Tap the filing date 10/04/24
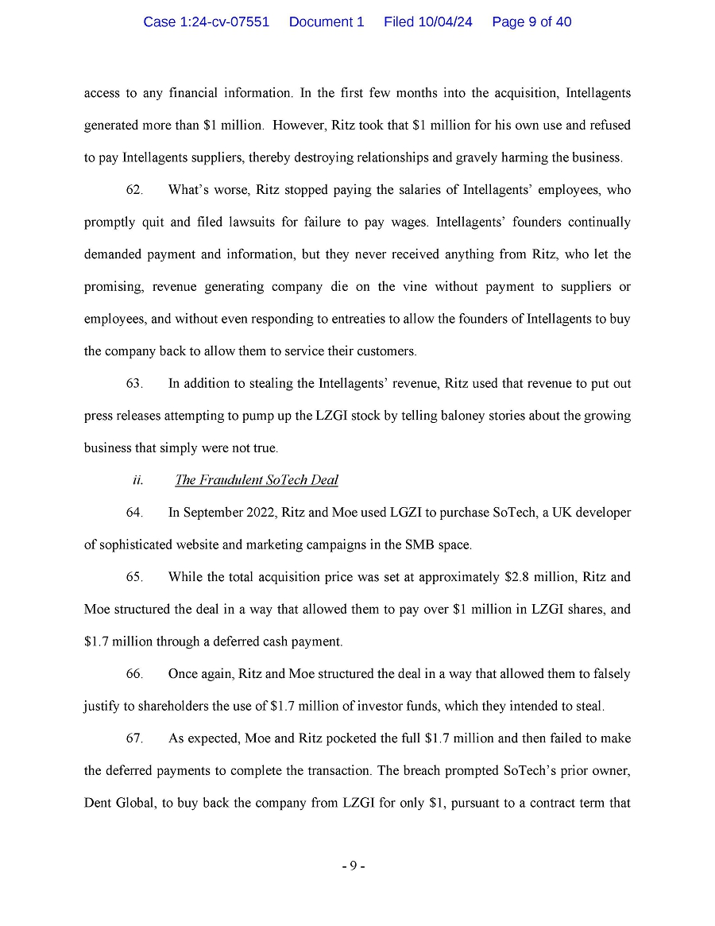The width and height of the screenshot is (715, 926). point(444,22)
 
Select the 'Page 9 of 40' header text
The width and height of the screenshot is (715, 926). point(531,22)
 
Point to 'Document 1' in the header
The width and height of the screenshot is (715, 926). point(327,22)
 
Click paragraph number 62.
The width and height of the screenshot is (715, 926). point(134,191)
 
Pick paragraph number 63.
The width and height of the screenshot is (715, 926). point(134,384)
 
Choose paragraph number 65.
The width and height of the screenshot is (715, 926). point(134,577)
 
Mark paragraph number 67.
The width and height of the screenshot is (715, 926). point(134,738)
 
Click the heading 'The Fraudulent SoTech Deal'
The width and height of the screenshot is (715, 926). point(257,480)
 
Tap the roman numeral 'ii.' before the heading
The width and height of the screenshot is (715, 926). point(137,480)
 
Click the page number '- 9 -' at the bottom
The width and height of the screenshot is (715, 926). point(354,866)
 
